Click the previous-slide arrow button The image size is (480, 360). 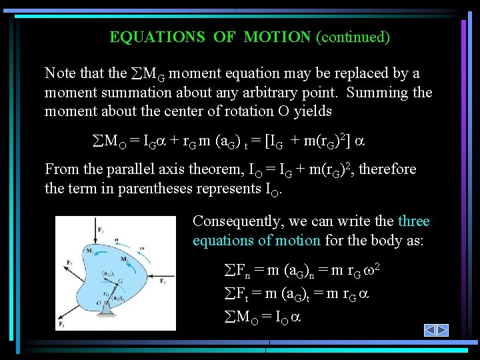tap(431, 330)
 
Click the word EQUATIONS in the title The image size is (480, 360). tap(157, 37)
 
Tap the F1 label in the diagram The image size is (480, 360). tap(62, 325)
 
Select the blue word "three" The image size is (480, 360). tap(413, 221)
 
